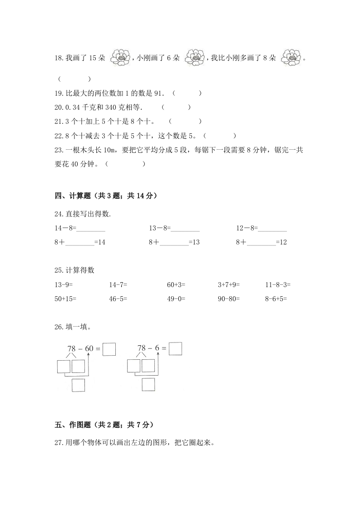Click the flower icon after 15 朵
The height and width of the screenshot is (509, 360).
[x=120, y=58]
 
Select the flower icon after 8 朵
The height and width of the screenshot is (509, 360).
[x=291, y=58]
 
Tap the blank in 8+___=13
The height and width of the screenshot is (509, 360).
[x=174, y=243]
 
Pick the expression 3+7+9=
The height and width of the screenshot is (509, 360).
[x=229, y=285]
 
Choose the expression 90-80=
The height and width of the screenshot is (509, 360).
[x=229, y=299]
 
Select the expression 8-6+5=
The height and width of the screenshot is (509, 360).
[x=276, y=299]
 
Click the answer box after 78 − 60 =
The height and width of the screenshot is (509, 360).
[x=109, y=349]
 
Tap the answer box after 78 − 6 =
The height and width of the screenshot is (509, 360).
[x=175, y=349]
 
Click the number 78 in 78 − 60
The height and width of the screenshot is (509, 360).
[x=71, y=348]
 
